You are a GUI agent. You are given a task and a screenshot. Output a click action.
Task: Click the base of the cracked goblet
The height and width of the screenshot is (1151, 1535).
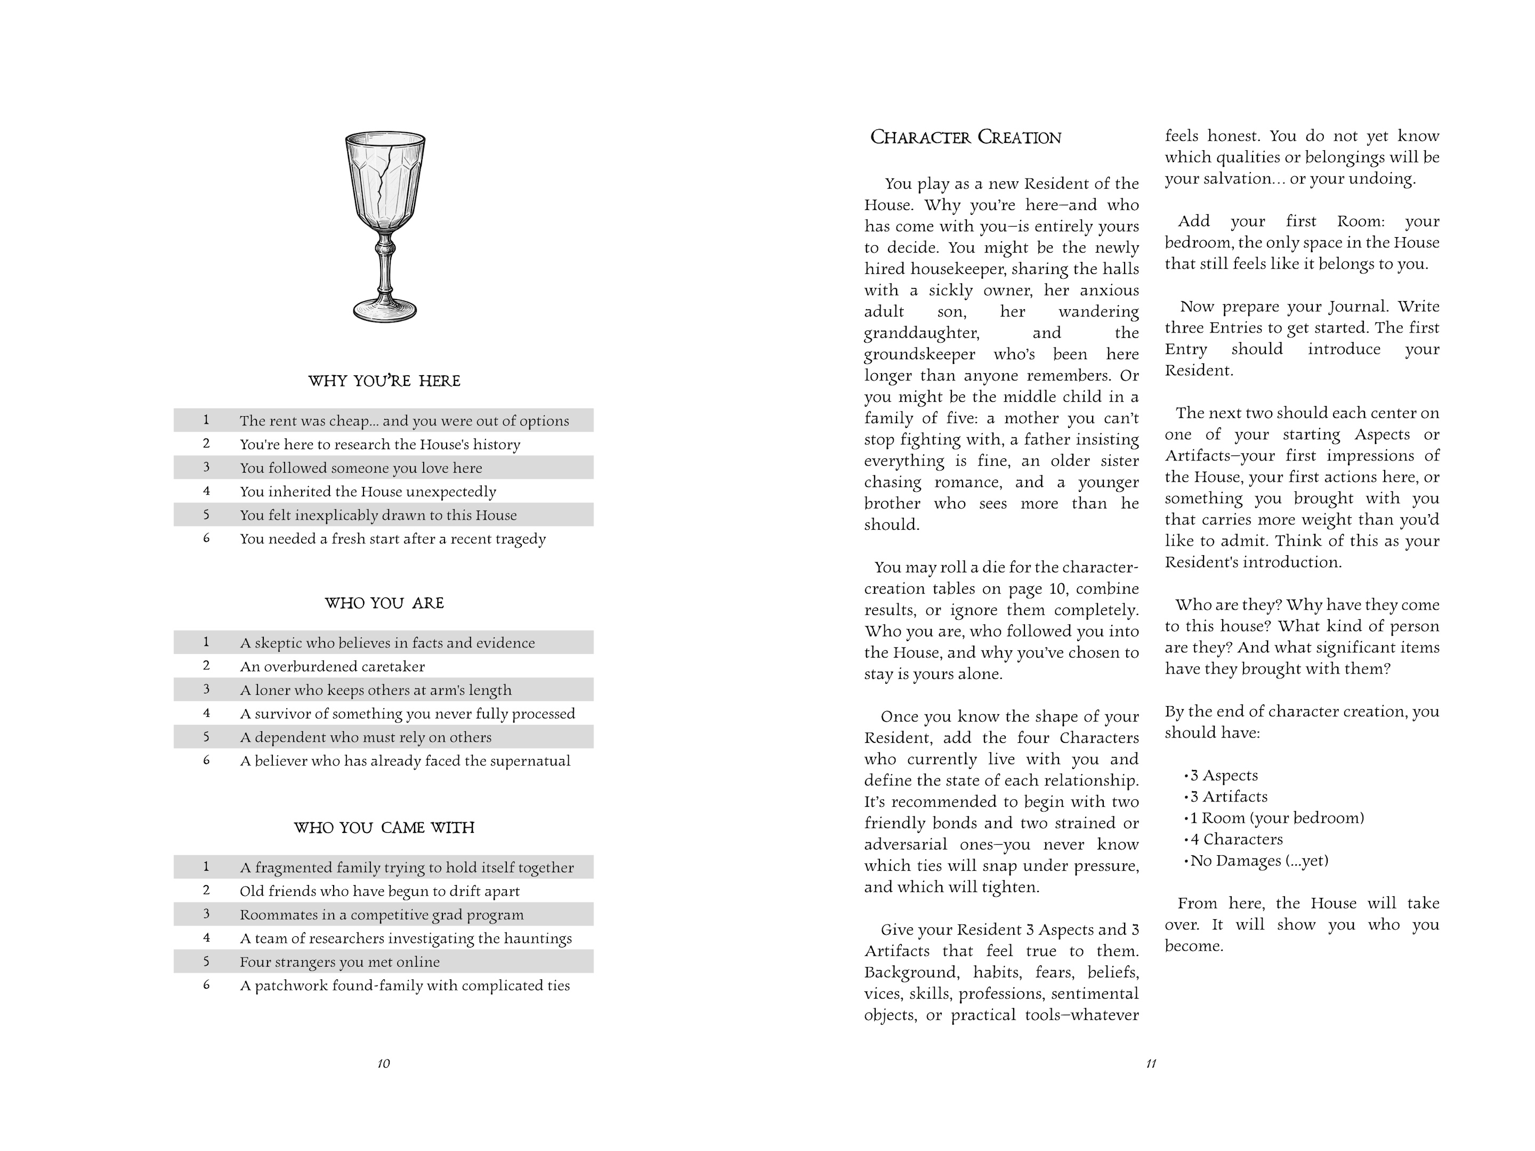tap(385, 310)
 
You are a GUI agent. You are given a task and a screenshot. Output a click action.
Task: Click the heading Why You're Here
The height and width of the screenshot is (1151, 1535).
tap(384, 381)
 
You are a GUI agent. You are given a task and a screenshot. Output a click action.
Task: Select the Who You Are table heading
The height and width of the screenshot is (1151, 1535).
tap(384, 603)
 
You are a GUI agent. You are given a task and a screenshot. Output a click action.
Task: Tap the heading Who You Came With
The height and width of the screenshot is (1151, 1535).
tap(384, 828)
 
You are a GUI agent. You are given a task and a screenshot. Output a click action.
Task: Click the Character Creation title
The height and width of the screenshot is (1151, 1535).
tap(965, 137)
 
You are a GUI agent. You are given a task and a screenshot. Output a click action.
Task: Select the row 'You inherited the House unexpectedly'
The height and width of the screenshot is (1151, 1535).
tap(368, 492)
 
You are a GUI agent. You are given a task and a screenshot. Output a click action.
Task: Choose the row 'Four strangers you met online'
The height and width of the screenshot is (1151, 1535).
tap(340, 962)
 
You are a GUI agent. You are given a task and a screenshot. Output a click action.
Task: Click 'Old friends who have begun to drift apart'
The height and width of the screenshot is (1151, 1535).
tap(379, 891)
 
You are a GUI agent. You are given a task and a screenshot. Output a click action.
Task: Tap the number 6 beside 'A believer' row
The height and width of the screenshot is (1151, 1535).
tap(206, 760)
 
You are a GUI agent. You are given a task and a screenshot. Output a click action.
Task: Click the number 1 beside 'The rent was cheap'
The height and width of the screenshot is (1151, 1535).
tap(206, 420)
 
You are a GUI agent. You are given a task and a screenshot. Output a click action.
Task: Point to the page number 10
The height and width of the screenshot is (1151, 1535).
tap(384, 1064)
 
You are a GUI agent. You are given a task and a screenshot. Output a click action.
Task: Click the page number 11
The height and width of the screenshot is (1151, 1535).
tap(1151, 1064)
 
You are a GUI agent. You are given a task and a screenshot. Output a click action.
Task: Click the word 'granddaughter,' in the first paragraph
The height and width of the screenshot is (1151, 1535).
tap(922, 334)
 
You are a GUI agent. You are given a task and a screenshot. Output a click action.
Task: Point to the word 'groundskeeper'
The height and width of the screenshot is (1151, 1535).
tap(919, 354)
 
